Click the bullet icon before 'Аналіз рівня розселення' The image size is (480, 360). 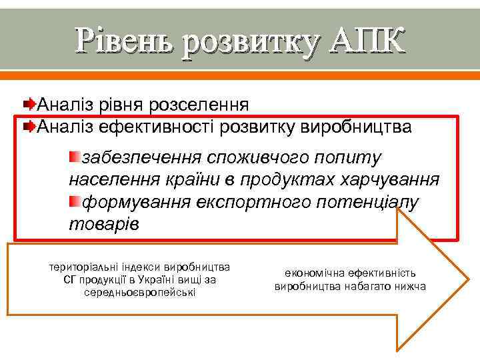point(29,105)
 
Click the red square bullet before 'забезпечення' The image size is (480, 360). point(74,157)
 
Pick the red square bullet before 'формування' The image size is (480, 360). point(74,201)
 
